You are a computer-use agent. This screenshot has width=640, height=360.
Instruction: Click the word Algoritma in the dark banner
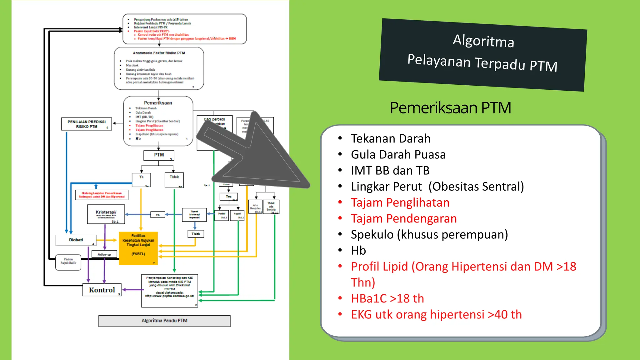pyautogui.click(x=483, y=41)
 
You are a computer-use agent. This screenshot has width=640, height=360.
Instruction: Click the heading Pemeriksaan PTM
pyautogui.click(x=450, y=108)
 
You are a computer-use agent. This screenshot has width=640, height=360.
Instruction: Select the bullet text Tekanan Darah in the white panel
pyautogui.click(x=391, y=138)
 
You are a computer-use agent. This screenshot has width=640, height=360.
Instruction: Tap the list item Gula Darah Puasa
pyautogui.click(x=398, y=154)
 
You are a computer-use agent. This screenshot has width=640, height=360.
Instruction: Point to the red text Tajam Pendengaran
pyautogui.click(x=403, y=218)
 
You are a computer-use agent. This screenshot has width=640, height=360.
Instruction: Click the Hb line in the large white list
pyautogui.click(x=358, y=251)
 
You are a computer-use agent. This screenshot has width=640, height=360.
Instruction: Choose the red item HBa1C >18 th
pyautogui.click(x=387, y=298)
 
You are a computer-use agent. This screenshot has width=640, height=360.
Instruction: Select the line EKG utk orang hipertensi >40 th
pyautogui.click(x=436, y=314)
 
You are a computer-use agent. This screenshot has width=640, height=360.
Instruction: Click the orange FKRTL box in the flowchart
pyautogui.click(x=138, y=248)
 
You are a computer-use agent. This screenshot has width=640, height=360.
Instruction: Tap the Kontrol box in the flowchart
pyautogui.click(x=102, y=290)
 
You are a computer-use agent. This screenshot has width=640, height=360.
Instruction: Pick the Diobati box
pyautogui.click(x=76, y=240)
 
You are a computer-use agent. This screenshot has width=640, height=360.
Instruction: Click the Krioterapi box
pyautogui.click(x=106, y=214)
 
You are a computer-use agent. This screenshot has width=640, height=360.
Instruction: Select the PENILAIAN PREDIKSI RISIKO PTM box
pyautogui.click(x=87, y=124)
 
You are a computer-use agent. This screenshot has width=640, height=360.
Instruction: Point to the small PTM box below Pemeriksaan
pyautogui.click(x=159, y=155)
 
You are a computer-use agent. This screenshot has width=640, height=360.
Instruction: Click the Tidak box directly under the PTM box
pyautogui.click(x=174, y=180)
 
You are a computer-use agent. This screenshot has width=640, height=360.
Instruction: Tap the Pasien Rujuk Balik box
pyautogui.click(x=68, y=262)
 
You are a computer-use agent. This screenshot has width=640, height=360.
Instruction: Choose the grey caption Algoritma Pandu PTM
pyautogui.click(x=164, y=321)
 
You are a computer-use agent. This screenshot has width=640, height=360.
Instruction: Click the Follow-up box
pyautogui.click(x=104, y=254)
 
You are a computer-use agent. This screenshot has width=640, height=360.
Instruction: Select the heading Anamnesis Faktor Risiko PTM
pyautogui.click(x=159, y=53)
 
